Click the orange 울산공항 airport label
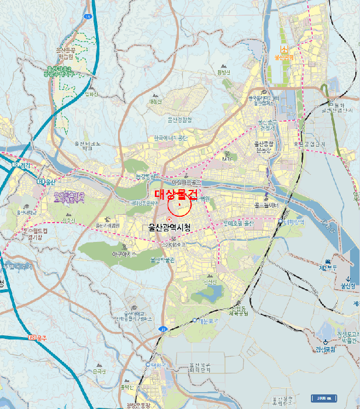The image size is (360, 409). [284, 58]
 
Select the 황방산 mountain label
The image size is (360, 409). [224, 72]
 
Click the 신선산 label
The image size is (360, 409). [210, 282]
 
